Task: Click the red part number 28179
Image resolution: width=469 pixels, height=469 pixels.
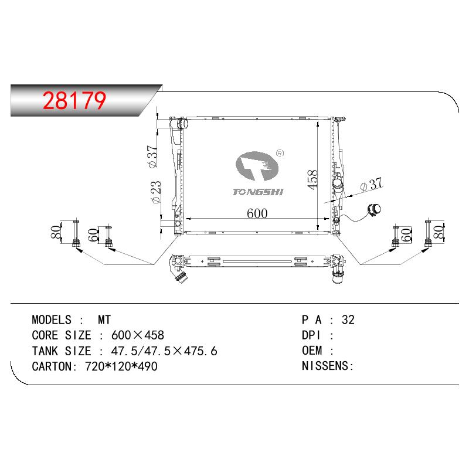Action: coord(74,100)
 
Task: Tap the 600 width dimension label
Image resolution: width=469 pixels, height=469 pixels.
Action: coord(257,213)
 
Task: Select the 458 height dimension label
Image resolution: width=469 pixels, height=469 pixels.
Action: coord(312,179)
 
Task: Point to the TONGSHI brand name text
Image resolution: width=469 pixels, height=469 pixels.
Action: coord(258,192)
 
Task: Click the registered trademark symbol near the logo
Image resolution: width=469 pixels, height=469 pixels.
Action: coord(280,153)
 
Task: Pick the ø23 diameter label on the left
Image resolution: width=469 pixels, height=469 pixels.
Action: coord(157,192)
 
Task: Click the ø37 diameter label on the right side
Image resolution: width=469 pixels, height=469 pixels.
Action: coord(372,184)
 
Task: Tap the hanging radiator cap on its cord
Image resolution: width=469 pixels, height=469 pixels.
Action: coord(374,210)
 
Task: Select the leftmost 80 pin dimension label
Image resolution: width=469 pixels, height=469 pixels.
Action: coord(56,232)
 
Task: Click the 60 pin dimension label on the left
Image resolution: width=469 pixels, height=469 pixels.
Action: coord(93,235)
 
